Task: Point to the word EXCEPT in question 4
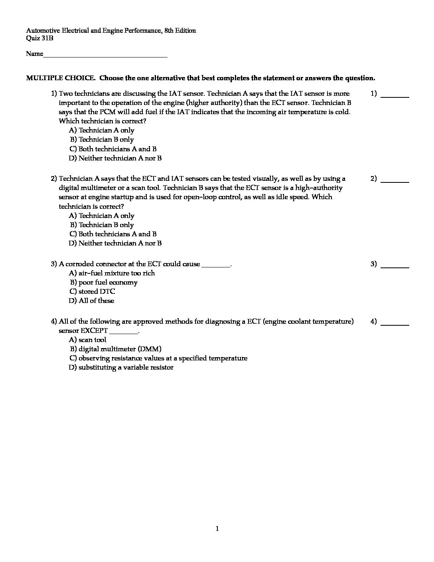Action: (x=94, y=331)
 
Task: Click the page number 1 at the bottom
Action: (x=217, y=529)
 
